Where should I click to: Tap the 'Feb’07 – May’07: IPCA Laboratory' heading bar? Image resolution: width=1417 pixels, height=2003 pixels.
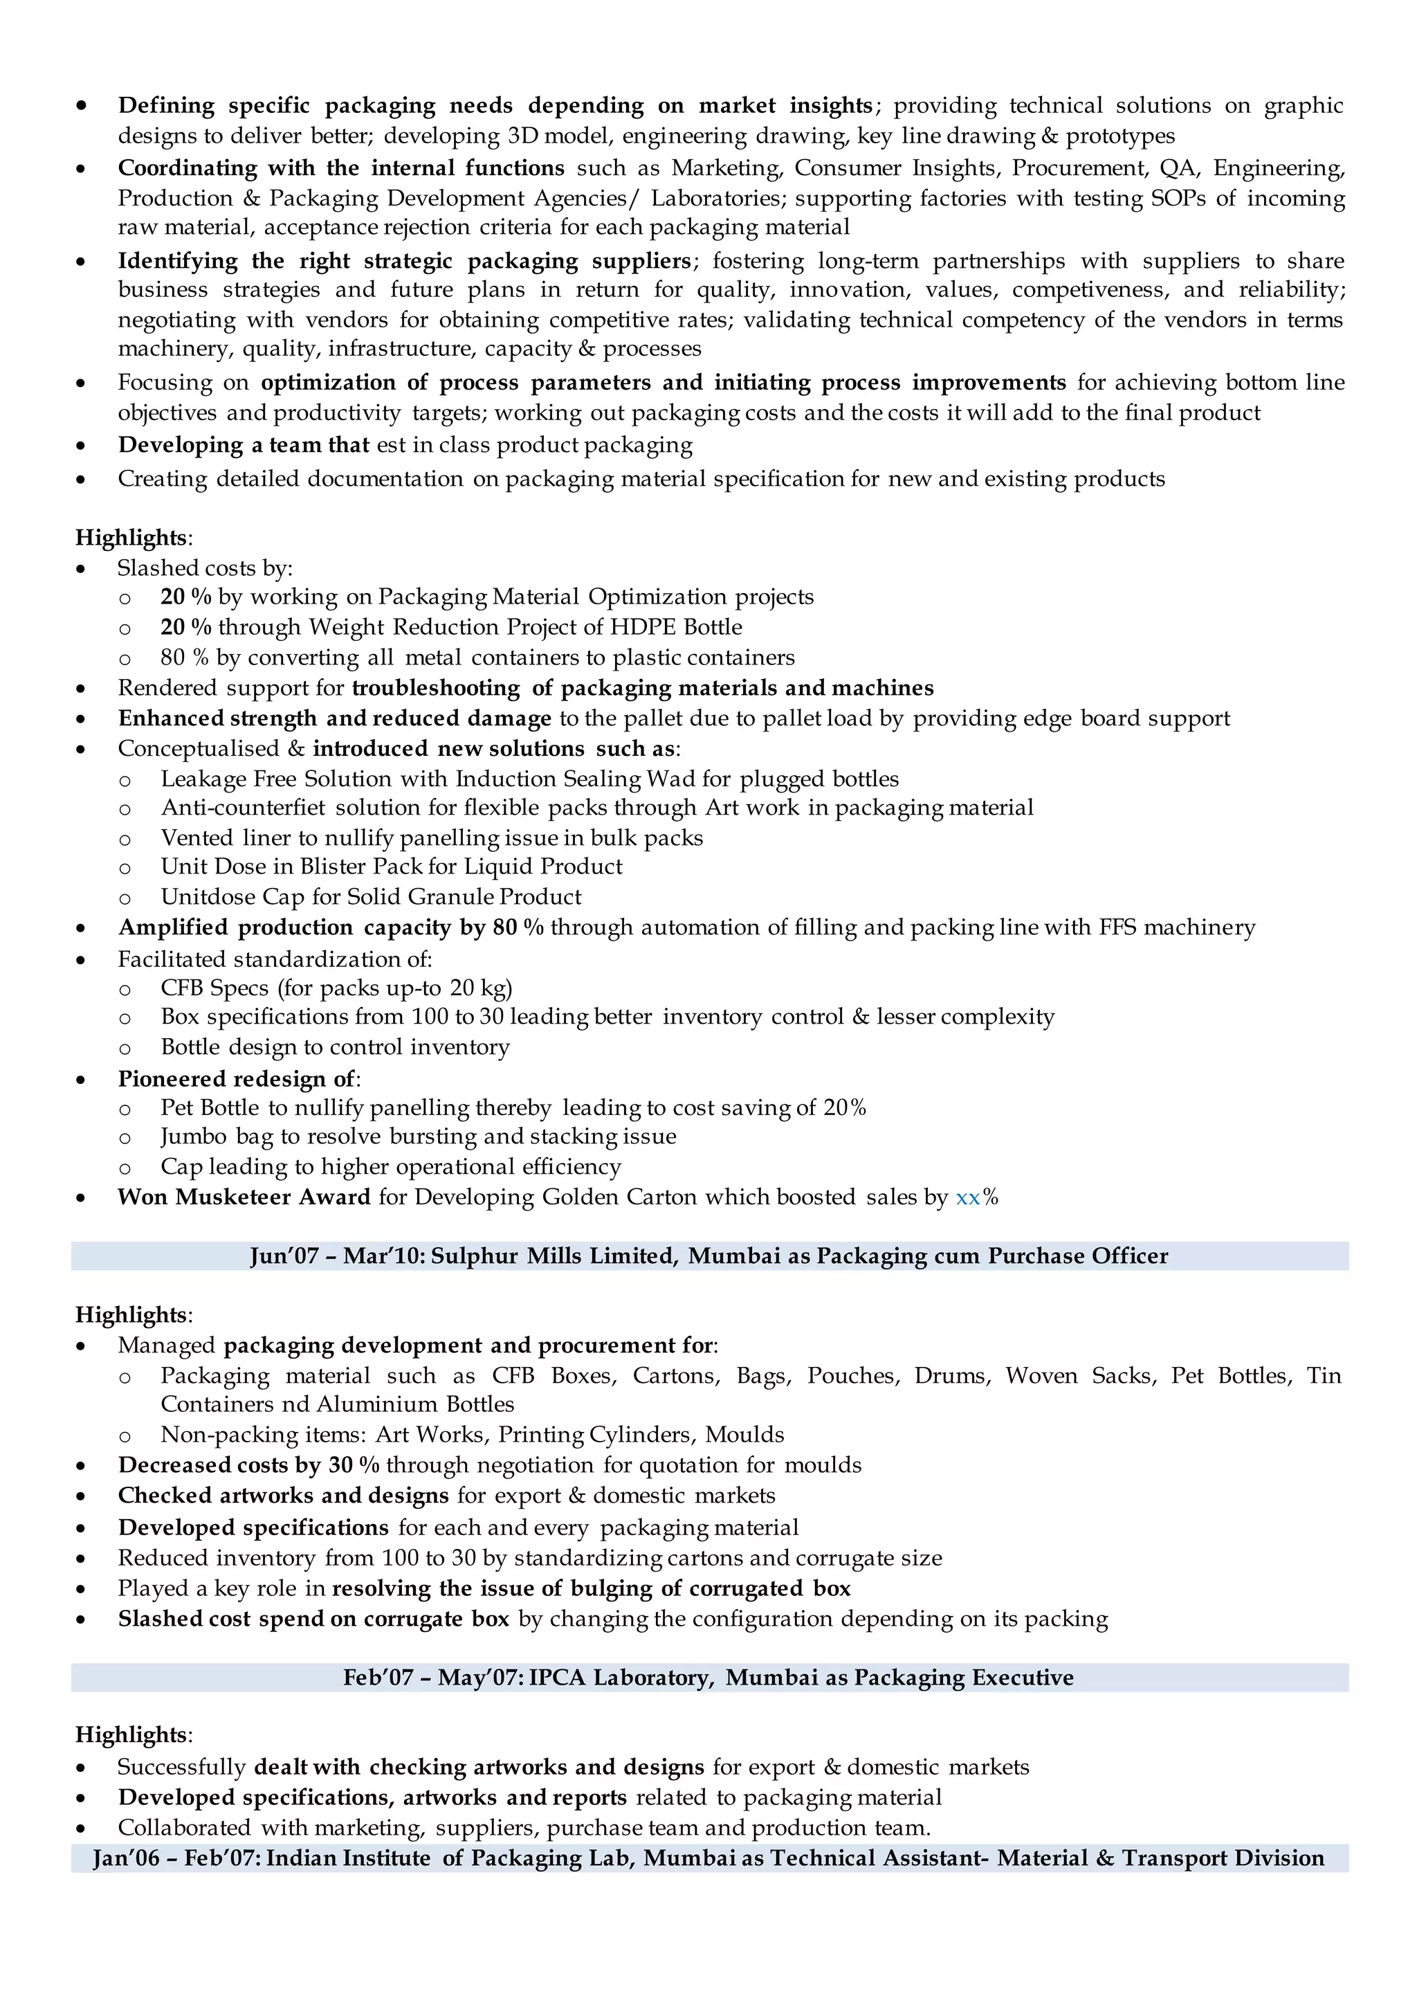(708, 1678)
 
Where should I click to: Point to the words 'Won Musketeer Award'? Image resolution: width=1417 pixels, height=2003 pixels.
(244, 1197)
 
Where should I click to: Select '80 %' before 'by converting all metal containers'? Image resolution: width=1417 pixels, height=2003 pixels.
(184, 658)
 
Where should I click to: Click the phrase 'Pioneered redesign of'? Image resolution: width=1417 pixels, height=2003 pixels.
(237, 1079)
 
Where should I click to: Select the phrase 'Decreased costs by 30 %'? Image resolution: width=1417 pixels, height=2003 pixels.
(248, 1465)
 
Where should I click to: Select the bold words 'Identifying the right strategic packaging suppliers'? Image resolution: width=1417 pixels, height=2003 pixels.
(405, 261)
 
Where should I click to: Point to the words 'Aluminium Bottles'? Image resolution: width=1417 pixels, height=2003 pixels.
(414, 1404)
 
